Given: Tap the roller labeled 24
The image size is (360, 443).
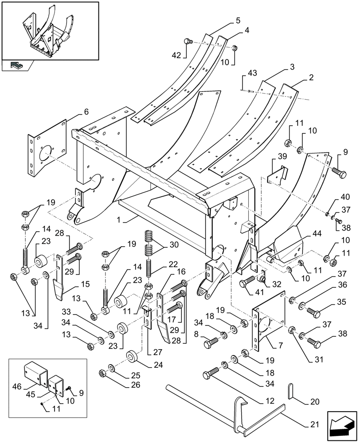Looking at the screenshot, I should pos(132,357).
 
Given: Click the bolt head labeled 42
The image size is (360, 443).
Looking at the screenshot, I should pos(188,42).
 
